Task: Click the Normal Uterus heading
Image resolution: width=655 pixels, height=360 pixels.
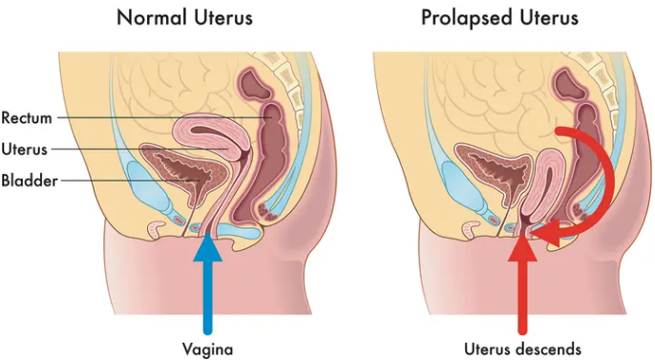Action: click(184, 18)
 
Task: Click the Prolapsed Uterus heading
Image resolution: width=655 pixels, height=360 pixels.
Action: click(499, 18)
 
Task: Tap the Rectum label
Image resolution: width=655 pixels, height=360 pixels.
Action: click(27, 117)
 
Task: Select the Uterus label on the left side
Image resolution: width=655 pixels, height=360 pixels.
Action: click(24, 149)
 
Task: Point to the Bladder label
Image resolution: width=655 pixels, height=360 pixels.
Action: click(30, 180)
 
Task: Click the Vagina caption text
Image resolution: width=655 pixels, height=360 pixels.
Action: click(207, 349)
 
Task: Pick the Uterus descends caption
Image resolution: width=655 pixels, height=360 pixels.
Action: click(522, 349)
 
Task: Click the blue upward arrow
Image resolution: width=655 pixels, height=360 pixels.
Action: click(207, 284)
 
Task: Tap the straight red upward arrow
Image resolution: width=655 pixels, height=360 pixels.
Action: click(522, 284)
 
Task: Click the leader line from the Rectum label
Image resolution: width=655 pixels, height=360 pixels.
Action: click(164, 117)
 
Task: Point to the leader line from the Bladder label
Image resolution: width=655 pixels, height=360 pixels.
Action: click(130, 180)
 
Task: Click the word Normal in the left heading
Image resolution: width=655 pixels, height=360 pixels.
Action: click(152, 18)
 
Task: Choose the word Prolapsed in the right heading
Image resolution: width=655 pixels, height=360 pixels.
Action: click(467, 18)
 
